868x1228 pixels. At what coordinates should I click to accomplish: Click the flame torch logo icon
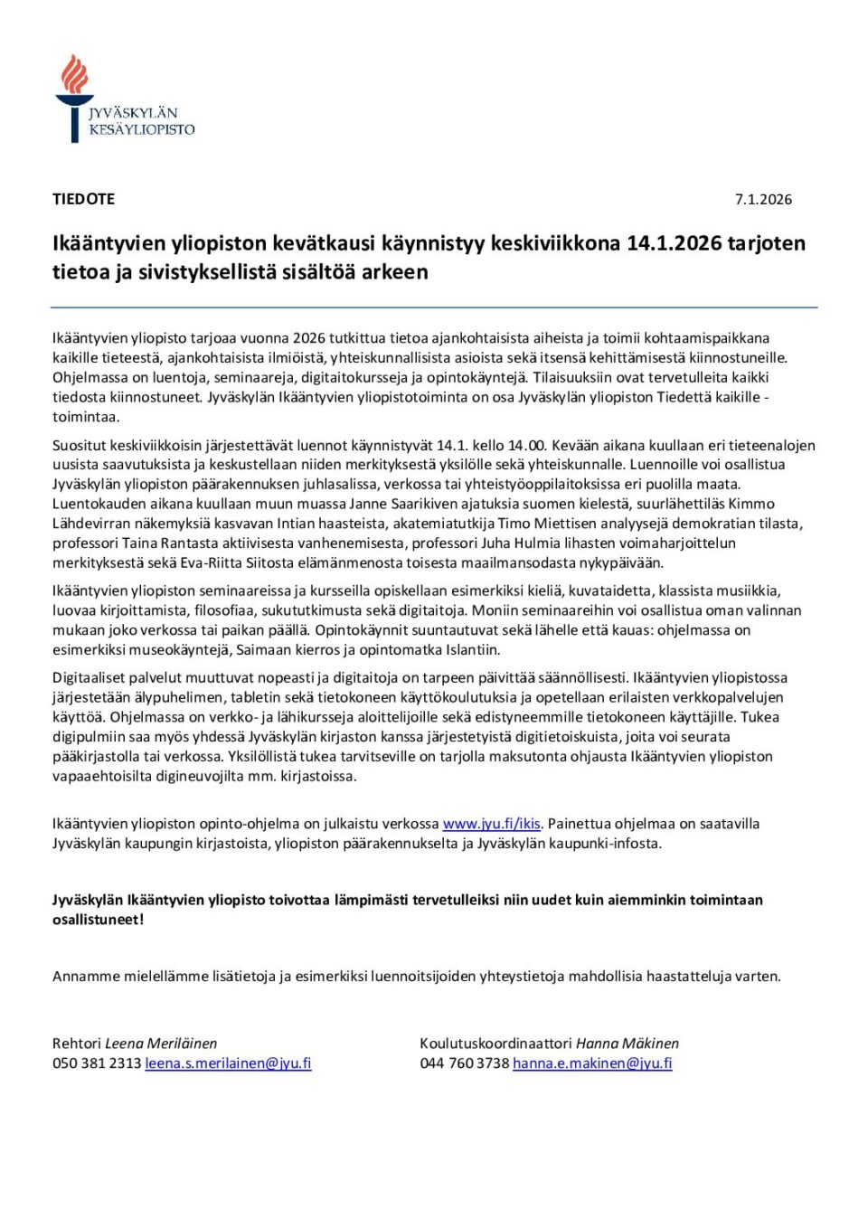[74, 96]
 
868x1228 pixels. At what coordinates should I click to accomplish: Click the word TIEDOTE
[83, 199]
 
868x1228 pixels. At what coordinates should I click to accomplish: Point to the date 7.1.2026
[763, 200]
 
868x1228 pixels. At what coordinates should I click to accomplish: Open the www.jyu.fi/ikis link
[491, 824]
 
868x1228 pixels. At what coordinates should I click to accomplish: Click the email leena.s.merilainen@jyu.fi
[228, 1063]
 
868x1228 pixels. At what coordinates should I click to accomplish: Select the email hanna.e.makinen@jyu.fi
[592, 1063]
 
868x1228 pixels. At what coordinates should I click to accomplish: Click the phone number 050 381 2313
[97, 1063]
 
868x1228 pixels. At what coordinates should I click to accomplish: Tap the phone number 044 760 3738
[465, 1063]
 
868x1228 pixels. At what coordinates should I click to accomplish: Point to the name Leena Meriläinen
[161, 1044]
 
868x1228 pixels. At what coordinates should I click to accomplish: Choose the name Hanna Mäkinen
[627, 1044]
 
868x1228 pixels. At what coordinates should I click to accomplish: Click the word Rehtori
[77, 1044]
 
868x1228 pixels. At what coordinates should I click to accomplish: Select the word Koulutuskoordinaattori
[495, 1044]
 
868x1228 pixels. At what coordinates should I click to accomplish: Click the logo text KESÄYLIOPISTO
[142, 130]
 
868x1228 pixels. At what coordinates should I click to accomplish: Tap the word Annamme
[86, 977]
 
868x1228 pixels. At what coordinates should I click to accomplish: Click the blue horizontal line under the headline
[434, 307]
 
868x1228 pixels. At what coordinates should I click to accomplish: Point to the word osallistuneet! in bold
[98, 920]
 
